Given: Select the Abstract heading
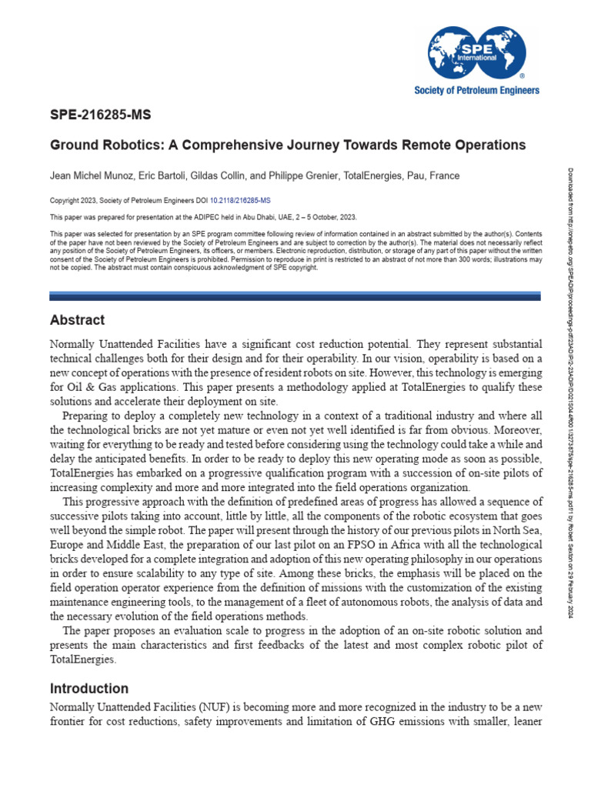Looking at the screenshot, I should [x=77, y=320].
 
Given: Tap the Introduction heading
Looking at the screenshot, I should [x=89, y=688].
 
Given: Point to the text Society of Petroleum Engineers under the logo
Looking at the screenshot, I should [x=477, y=90].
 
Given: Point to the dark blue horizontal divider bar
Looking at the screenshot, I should [x=295, y=295].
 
